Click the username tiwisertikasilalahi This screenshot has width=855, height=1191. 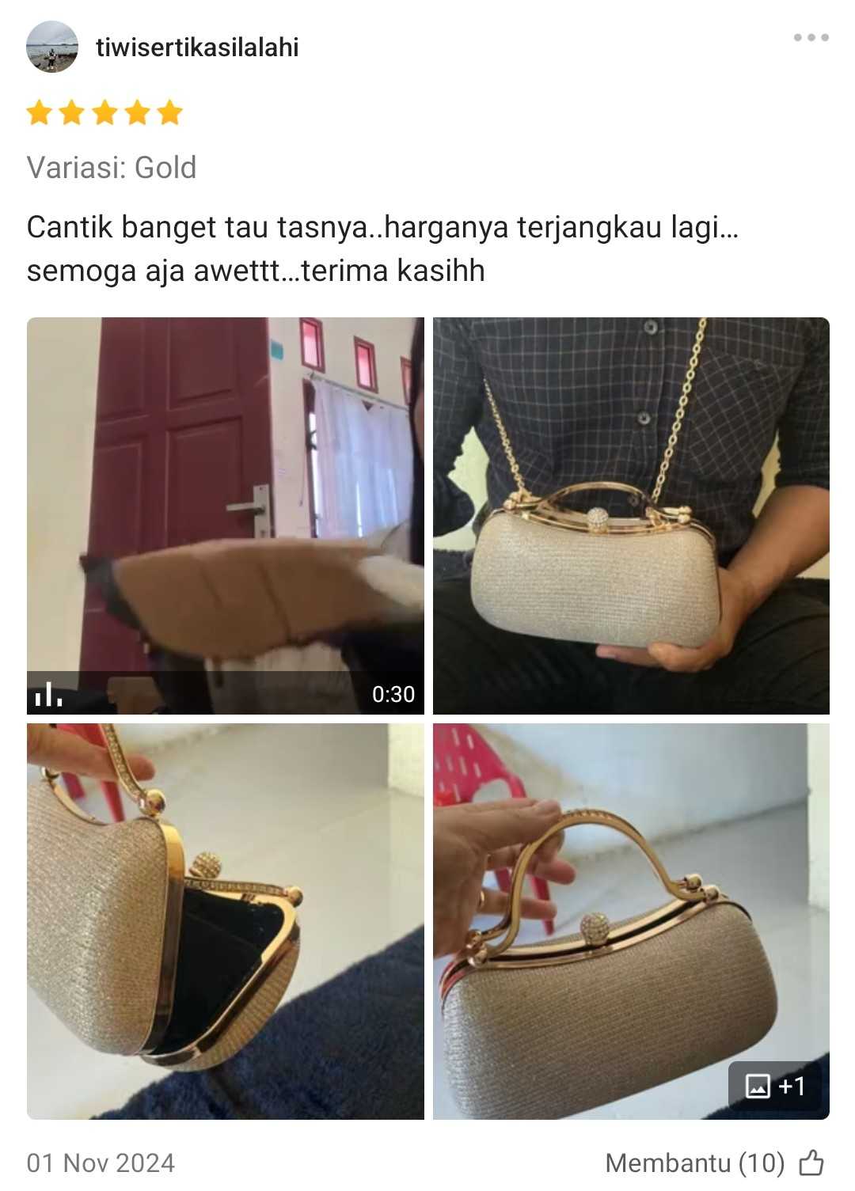click(x=197, y=47)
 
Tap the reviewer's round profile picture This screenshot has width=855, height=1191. click(x=52, y=47)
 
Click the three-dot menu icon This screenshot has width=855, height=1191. click(x=811, y=37)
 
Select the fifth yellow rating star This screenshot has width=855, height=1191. click(x=170, y=112)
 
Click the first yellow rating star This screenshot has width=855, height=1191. click(x=40, y=112)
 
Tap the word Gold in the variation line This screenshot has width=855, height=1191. click(x=165, y=168)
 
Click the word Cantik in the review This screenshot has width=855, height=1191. click(x=70, y=227)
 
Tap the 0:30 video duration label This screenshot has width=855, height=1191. click(x=393, y=694)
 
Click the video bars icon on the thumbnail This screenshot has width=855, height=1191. click(x=48, y=694)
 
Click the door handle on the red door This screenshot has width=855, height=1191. click(x=252, y=509)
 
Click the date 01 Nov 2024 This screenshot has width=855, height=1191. click(x=101, y=1163)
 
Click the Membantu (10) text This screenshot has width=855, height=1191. click(x=695, y=1163)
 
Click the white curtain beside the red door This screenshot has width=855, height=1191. click(x=362, y=457)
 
